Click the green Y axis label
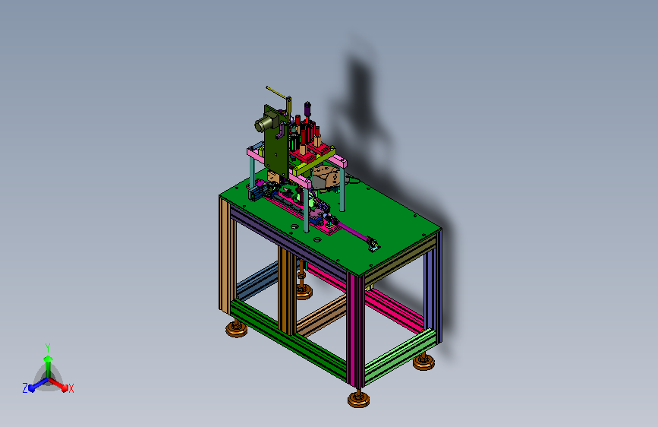48,348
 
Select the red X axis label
71,389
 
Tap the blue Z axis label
25,388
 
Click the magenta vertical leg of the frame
356,329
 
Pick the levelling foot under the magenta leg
359,399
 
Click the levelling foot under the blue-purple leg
423,362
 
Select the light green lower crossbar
400,356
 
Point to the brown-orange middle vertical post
287,290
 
